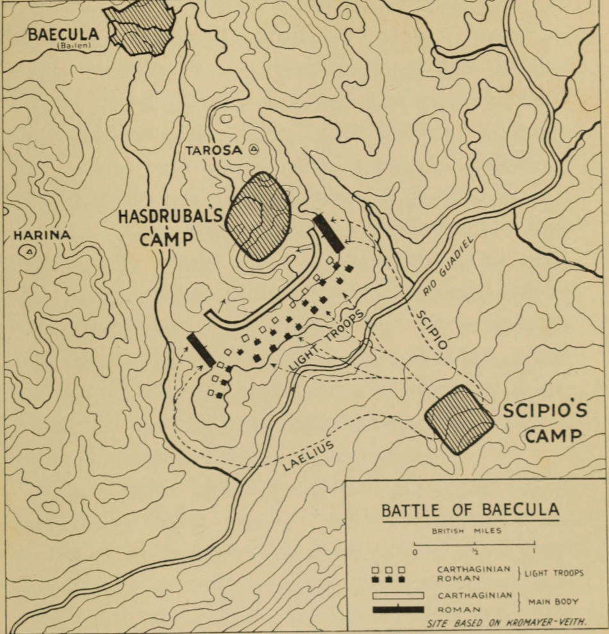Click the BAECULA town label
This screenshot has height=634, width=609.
click(x=63, y=34)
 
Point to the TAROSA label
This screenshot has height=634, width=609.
click(x=213, y=150)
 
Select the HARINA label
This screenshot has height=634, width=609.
click(x=42, y=236)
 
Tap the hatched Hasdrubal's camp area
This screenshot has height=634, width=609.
click(x=258, y=216)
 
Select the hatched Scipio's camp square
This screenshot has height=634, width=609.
click(x=459, y=420)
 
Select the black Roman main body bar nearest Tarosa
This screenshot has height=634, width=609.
click(x=328, y=233)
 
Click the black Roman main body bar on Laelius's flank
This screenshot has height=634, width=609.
click(x=201, y=350)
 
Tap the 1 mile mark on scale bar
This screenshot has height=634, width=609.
click(x=533, y=549)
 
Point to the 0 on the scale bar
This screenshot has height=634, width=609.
click(x=415, y=551)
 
